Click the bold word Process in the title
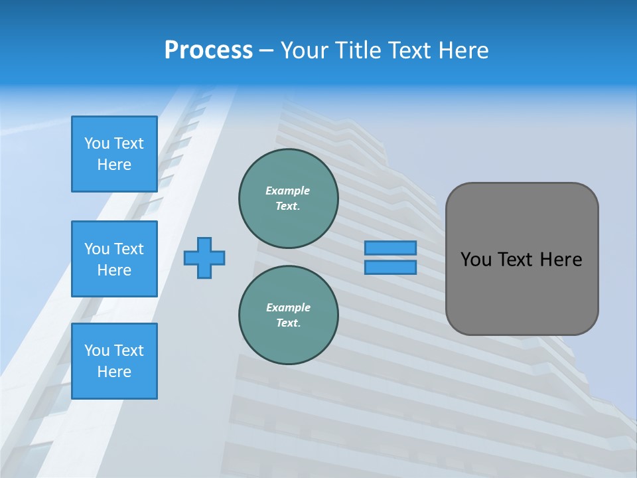[x=208, y=50]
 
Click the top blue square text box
[x=114, y=154]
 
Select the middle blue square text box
[x=114, y=259]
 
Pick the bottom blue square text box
[x=114, y=361]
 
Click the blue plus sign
[x=204, y=258]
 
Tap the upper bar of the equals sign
[x=390, y=248]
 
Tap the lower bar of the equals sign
[x=390, y=268]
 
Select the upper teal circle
[x=288, y=198]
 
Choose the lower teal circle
[x=288, y=315]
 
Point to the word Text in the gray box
[x=516, y=260]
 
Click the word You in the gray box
[x=476, y=260]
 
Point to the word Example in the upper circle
[x=288, y=191]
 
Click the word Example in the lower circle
[x=288, y=307]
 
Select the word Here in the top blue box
[x=114, y=165]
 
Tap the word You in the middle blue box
[x=97, y=249]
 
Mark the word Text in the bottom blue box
[x=129, y=351]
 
